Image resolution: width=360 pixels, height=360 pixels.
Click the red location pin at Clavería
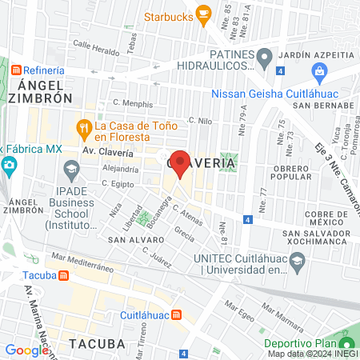[180, 162]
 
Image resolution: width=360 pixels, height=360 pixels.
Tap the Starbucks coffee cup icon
[203, 13]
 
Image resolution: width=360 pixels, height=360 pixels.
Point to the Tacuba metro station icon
[63, 274]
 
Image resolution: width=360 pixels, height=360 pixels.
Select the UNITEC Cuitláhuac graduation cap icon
[297, 260]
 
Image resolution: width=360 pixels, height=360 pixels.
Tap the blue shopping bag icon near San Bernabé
[320, 74]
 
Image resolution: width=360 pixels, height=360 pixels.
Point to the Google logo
[26, 350]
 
